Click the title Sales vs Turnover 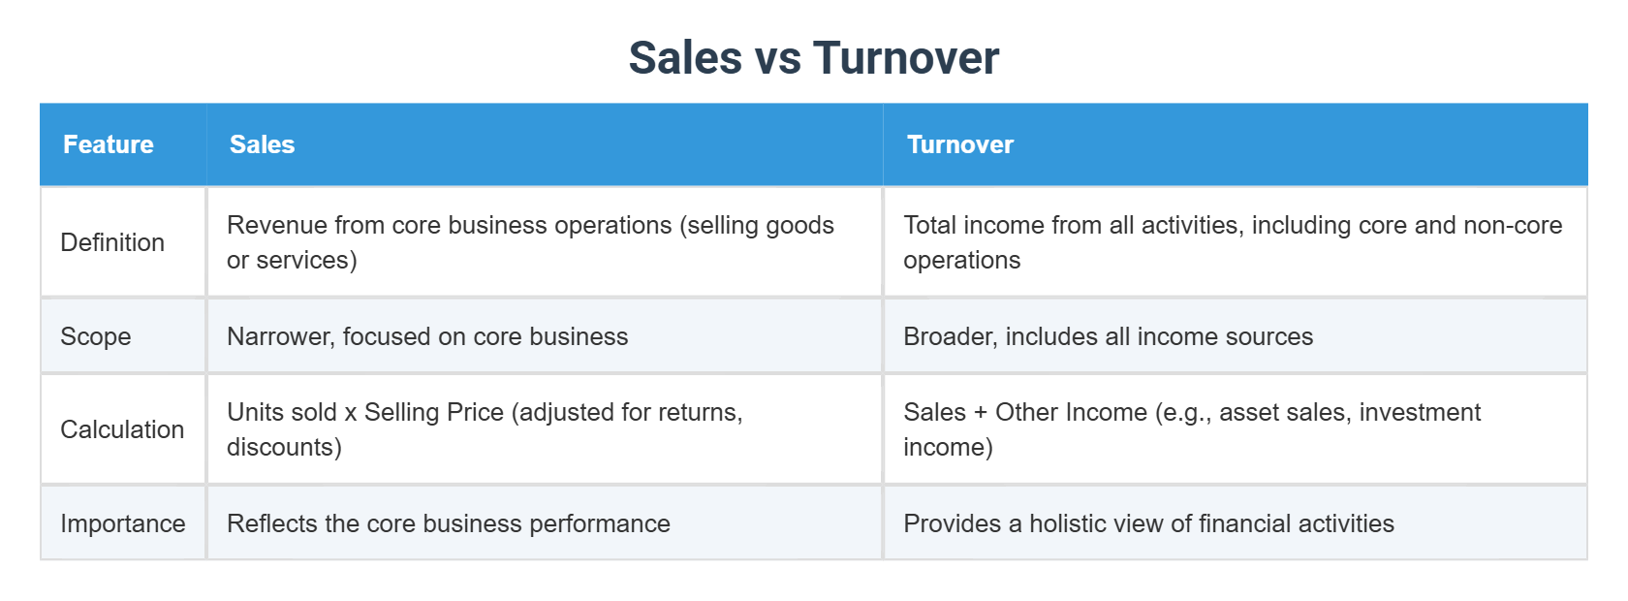point(813,58)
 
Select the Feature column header point(109,144)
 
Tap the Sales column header point(262,144)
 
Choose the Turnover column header point(959,144)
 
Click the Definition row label point(112,242)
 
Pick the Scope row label point(96,336)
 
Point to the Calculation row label point(122,429)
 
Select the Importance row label point(123,523)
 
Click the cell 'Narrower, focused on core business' point(427,336)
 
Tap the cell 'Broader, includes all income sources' point(1108,336)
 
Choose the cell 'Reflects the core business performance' point(448,523)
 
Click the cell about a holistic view point(1148,523)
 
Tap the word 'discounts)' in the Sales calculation point(284,447)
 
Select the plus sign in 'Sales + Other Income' point(981,412)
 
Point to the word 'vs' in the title point(777,58)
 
